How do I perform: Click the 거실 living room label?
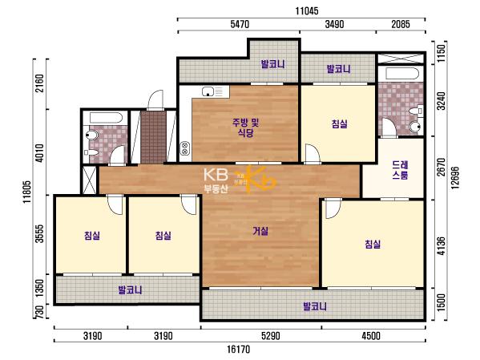(x=260, y=231)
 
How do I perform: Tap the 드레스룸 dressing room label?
(x=400, y=170)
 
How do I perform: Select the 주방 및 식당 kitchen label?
(x=245, y=127)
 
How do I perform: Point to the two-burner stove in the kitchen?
(x=184, y=148)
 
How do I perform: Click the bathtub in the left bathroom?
(x=106, y=118)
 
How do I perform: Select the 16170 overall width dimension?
(x=239, y=350)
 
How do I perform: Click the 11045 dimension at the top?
(x=307, y=11)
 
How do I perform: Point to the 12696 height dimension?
(x=455, y=178)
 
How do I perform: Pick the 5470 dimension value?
(x=240, y=24)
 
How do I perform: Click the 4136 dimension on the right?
(x=441, y=245)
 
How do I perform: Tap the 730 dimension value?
(x=40, y=312)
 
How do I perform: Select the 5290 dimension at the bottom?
(x=270, y=336)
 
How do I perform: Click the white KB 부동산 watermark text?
(x=216, y=180)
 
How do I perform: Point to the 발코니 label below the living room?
(x=315, y=306)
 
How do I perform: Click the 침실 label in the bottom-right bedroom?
(x=373, y=245)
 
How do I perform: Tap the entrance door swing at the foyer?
(x=155, y=99)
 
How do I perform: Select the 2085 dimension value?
(x=401, y=24)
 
